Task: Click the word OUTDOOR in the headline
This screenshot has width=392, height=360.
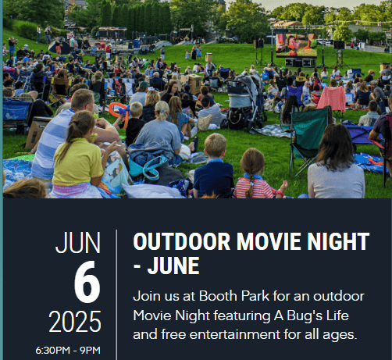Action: point(182,241)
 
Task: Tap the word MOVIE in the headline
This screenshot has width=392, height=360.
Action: point(269,241)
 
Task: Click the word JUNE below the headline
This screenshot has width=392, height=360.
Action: point(173,266)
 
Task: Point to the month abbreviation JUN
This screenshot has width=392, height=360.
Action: point(78,243)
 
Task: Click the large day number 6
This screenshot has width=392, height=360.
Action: point(87,282)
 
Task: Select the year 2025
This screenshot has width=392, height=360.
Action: point(75,321)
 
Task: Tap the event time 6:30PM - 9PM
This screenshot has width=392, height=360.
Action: point(68,351)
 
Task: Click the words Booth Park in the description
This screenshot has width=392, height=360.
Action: point(234,296)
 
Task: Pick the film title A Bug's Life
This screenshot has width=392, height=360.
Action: point(311,316)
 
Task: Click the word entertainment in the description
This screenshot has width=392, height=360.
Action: point(235,334)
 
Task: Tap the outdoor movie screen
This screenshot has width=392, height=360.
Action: point(297,45)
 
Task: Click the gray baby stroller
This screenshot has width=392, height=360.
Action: point(244,102)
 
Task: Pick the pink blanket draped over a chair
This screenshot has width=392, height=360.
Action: point(332,98)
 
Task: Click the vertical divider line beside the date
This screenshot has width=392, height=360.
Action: point(116,294)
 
